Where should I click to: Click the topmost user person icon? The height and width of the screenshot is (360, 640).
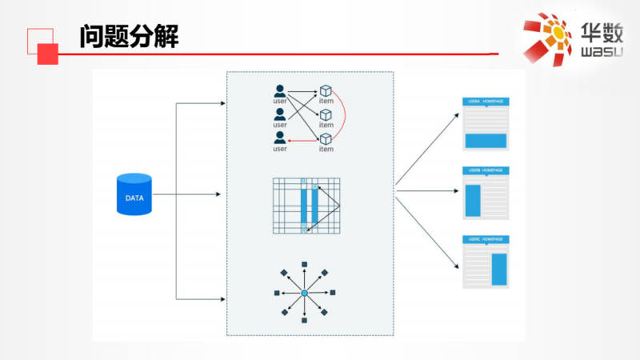click(x=279, y=90)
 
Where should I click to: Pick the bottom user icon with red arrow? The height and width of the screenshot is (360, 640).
click(x=279, y=139)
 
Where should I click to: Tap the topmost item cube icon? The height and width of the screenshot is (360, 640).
click(x=326, y=91)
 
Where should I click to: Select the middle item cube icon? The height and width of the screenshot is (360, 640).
click(x=326, y=116)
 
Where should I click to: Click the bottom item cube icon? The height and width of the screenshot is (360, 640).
click(x=326, y=140)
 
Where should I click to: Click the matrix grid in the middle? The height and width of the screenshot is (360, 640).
click(x=306, y=206)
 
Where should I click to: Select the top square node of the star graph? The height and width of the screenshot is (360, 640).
click(x=304, y=265)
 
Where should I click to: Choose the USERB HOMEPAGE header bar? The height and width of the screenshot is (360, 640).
click(x=486, y=170)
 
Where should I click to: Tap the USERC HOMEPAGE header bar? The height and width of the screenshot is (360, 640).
click(x=486, y=239)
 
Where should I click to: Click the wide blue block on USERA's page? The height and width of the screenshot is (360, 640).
click(x=486, y=141)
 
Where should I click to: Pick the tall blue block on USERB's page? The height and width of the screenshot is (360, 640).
click(x=473, y=201)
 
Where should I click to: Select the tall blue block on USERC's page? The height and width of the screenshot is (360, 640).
click(x=500, y=269)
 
